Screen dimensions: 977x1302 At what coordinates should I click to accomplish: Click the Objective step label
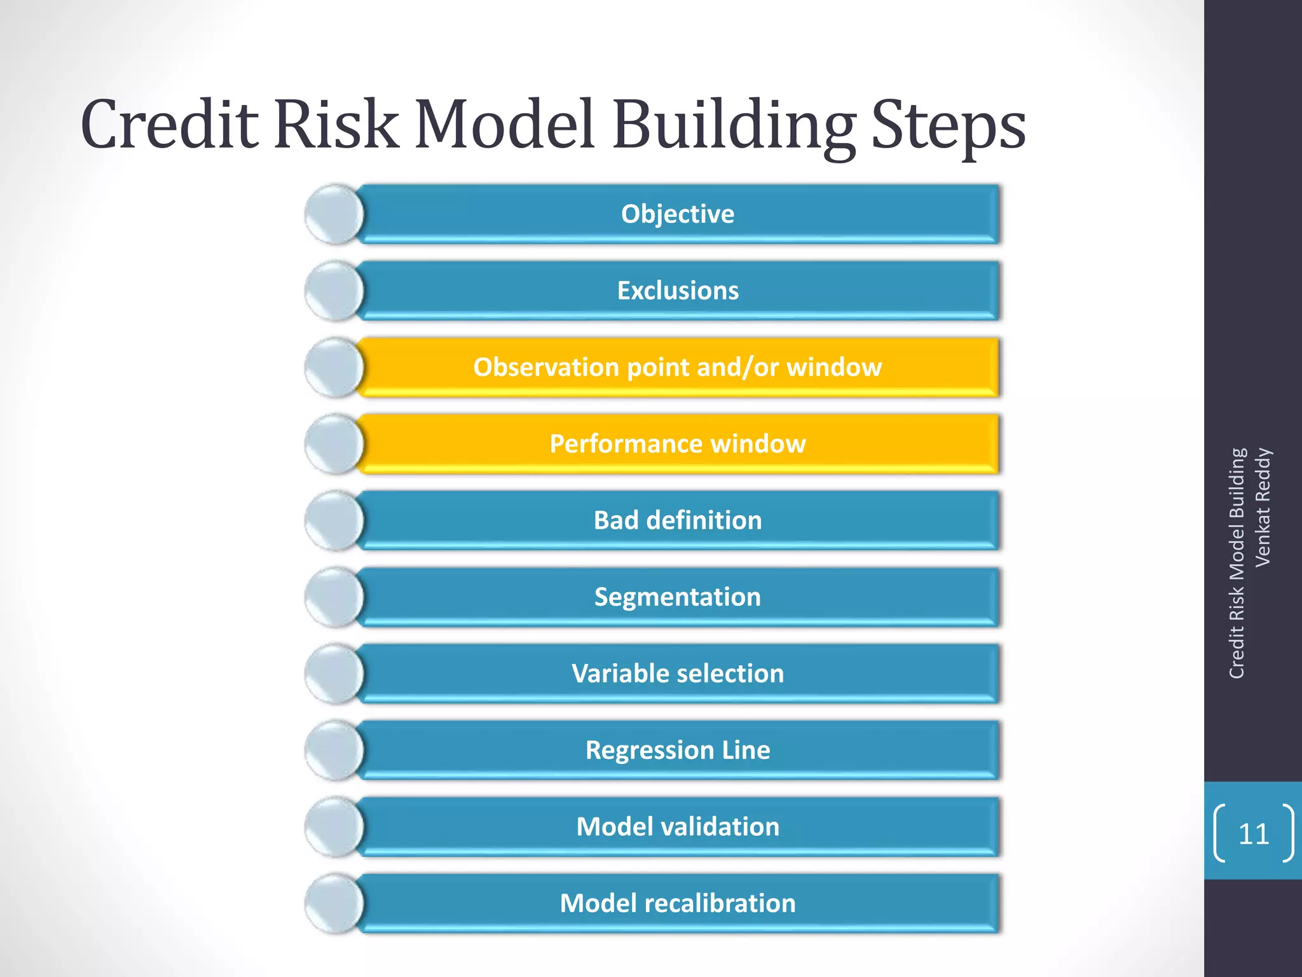point(678,214)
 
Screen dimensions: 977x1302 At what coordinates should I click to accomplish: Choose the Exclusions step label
point(678,291)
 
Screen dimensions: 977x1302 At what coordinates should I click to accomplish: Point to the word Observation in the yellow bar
point(546,367)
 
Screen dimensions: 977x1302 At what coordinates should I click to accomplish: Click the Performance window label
point(678,444)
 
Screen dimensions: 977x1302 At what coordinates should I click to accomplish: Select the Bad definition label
point(678,520)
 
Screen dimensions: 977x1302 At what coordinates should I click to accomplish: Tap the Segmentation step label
point(678,597)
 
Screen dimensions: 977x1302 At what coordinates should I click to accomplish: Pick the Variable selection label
point(678,674)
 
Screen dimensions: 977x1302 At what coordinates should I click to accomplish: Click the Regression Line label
point(678,750)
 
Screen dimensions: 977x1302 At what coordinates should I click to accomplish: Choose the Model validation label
point(678,827)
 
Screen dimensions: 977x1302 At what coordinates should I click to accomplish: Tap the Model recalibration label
point(678,903)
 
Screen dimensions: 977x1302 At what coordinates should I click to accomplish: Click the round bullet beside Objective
point(334,214)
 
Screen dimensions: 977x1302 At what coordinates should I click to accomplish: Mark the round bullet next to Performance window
point(334,444)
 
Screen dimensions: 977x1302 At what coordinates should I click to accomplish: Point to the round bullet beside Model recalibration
point(334,904)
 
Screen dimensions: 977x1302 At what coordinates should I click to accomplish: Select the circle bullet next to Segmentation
point(334,597)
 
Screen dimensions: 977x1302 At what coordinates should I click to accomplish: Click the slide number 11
point(1254,834)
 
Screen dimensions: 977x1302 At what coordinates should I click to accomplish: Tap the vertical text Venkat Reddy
point(1263,507)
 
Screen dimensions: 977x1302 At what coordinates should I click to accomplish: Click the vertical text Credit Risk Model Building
point(1237,564)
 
